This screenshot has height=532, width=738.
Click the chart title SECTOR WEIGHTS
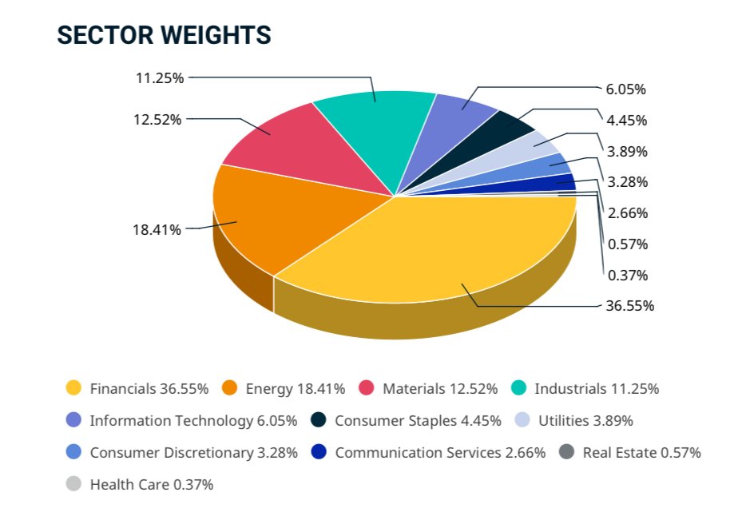(x=164, y=36)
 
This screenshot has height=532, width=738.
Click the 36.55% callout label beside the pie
(x=630, y=306)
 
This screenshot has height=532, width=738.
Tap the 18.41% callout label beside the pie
(x=157, y=230)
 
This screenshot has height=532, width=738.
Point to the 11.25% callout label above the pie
(x=160, y=78)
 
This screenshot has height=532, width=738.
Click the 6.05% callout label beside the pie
(x=627, y=89)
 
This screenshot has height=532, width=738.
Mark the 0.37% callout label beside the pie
(x=627, y=276)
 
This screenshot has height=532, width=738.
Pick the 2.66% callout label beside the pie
(x=627, y=213)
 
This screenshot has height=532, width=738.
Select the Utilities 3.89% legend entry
(x=586, y=421)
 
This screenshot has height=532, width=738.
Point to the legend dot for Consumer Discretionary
(x=74, y=453)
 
